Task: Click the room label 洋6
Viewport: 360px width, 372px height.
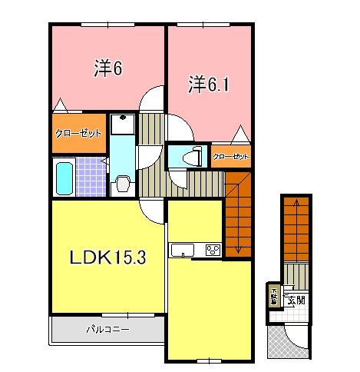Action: pos(109,69)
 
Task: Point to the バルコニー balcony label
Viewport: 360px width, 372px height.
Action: pos(107,330)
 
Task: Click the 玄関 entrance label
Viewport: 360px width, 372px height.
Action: pos(296,299)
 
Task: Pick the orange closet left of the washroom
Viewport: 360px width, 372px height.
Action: pos(79,133)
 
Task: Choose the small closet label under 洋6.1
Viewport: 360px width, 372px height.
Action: pos(231,157)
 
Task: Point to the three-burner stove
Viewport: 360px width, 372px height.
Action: pos(213,250)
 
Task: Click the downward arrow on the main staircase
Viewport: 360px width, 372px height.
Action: pos(238,247)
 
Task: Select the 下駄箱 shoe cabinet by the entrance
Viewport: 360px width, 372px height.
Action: pos(273,294)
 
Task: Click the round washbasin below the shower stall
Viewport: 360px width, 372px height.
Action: pos(121,183)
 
